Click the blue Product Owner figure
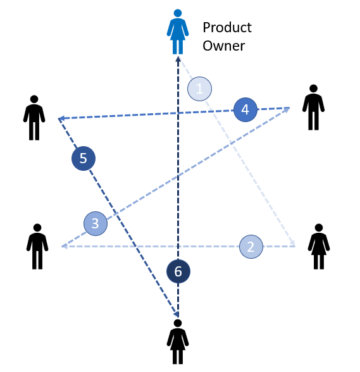178,32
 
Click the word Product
227,28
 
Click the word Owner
223,46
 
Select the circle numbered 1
199,89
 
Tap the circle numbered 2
251,247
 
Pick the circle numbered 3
96,223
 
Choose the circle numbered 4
245,109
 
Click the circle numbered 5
84,158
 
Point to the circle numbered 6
178,271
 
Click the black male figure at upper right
313,108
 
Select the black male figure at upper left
34,118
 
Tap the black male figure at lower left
37,247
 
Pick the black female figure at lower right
319,247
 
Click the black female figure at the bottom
178,342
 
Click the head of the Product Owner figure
178,13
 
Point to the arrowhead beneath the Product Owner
178,59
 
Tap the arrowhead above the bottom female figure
177,314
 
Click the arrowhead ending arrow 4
61,118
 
